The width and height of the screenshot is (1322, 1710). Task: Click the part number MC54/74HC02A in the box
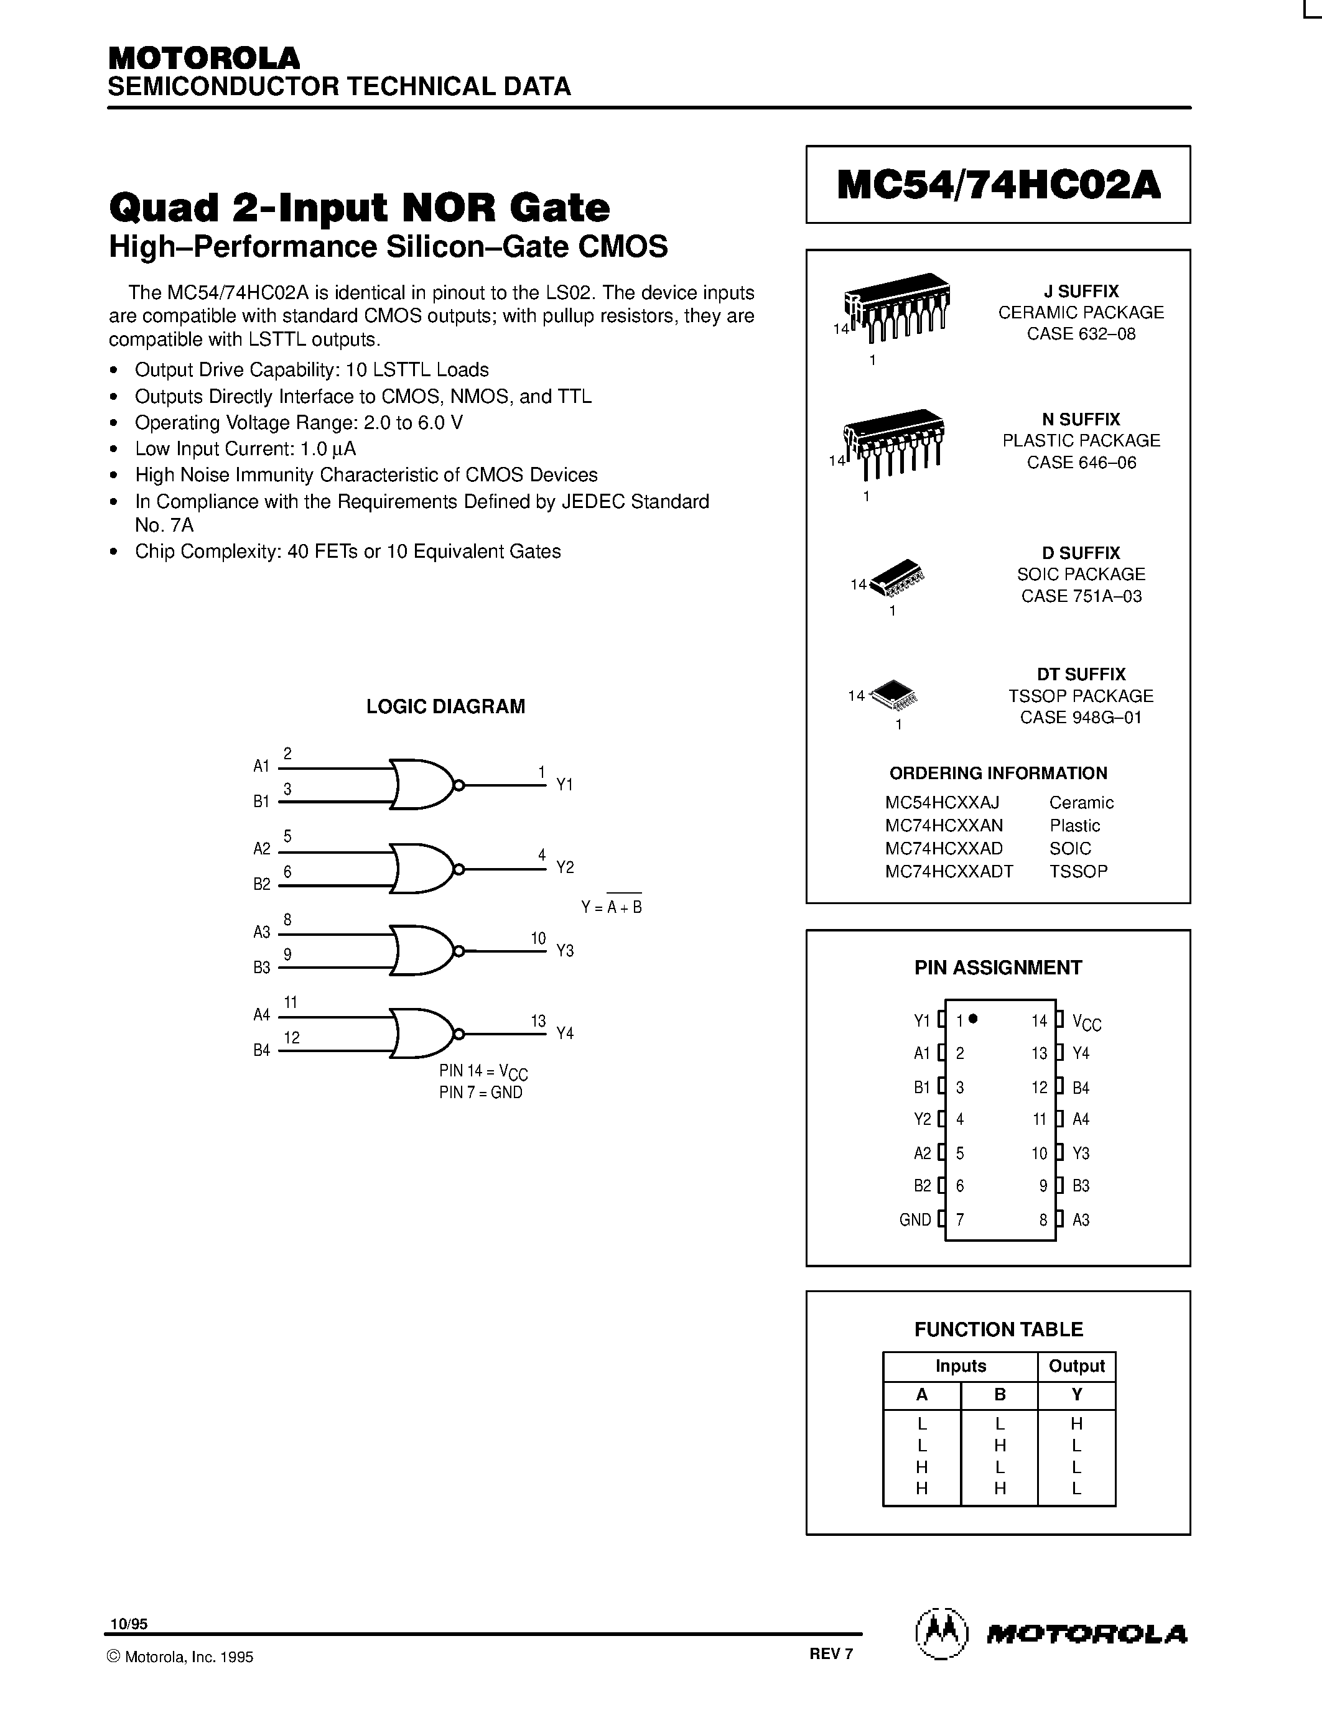point(998,185)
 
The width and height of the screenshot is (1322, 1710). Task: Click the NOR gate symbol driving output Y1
point(423,783)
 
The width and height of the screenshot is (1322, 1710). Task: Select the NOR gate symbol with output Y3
point(423,951)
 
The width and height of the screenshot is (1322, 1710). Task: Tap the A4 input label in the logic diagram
point(261,1015)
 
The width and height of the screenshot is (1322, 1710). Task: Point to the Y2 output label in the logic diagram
point(565,867)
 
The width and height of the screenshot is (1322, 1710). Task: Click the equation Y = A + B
point(611,907)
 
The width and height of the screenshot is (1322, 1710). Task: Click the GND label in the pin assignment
point(915,1220)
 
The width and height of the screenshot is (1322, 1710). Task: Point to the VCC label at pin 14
point(1086,1022)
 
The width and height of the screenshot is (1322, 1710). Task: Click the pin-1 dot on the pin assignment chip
point(973,1019)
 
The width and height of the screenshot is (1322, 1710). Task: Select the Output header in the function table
point(1076,1366)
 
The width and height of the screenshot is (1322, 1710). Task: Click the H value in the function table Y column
point(1076,1423)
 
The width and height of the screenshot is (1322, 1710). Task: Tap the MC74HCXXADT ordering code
point(949,871)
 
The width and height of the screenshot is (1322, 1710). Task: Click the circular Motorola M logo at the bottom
point(941,1634)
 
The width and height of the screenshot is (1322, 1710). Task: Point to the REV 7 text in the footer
point(831,1653)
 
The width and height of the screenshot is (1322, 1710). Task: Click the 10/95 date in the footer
point(128,1625)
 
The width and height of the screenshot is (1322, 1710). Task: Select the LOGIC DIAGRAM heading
point(445,706)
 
